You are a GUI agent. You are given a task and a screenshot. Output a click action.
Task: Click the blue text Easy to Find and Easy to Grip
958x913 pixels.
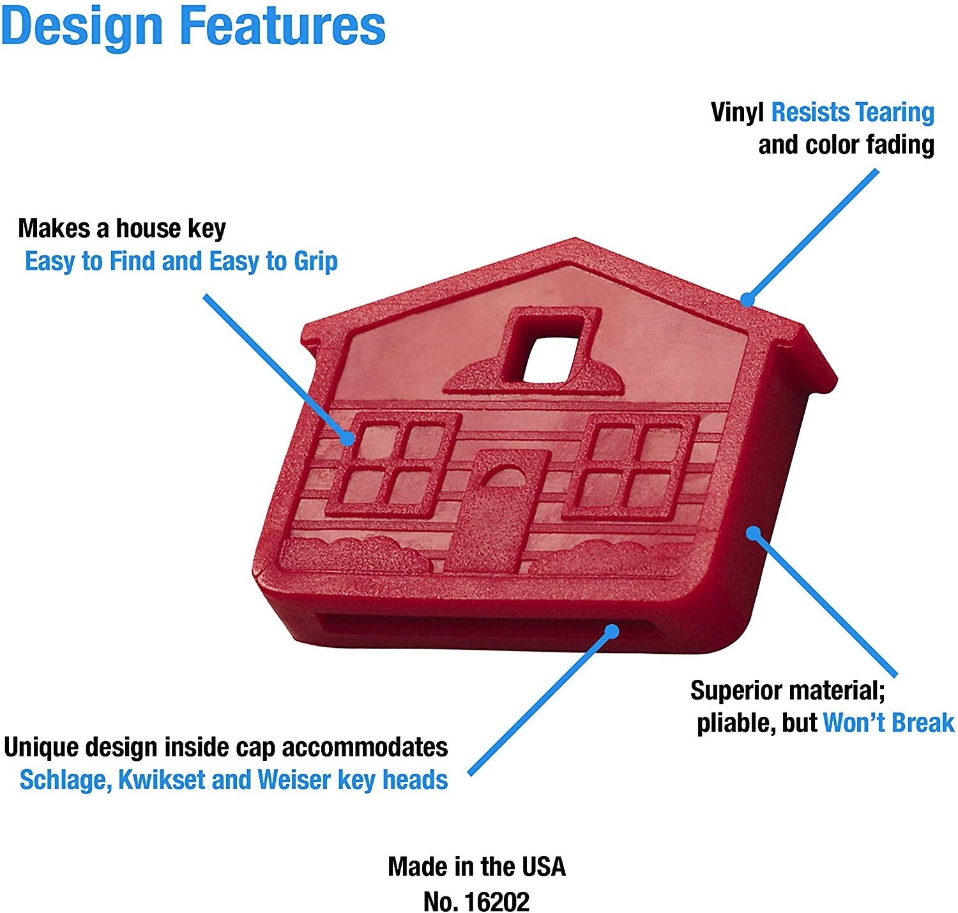point(181,262)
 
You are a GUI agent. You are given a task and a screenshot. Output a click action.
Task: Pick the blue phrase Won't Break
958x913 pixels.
point(888,723)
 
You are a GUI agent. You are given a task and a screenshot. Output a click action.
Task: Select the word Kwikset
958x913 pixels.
point(162,780)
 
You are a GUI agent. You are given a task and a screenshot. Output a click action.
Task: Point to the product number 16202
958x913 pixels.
point(496,901)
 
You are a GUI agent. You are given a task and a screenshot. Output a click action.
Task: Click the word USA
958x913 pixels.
point(544,867)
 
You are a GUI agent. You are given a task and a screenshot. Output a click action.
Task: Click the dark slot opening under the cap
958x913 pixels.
point(487,625)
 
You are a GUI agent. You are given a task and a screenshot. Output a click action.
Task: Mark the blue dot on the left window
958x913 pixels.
point(347,438)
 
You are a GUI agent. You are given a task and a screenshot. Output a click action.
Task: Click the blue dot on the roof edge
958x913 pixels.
point(747,299)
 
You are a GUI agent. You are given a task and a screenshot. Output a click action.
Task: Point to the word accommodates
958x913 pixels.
point(365,748)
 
